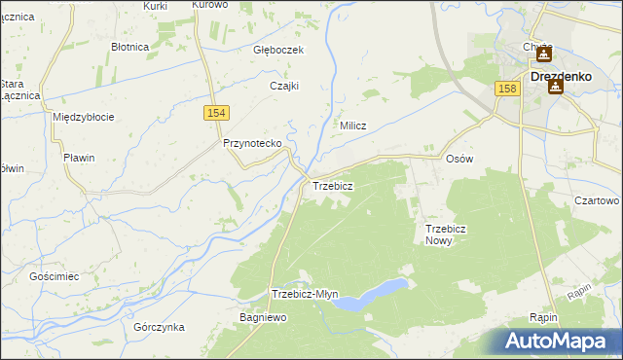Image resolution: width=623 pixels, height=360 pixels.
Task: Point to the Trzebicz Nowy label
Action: coord(447,234)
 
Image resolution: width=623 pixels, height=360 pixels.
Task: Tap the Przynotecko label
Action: coord(252,143)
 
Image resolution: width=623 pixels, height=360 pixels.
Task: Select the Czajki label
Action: coord(283,85)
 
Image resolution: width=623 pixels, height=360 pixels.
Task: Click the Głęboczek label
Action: coord(279,50)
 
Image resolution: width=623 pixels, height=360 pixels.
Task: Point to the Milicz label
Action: coord(352,126)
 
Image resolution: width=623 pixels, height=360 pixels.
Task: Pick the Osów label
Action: coord(458,159)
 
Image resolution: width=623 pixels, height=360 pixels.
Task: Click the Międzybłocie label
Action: coord(84,117)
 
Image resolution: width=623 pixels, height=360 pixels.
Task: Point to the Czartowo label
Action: coord(597,200)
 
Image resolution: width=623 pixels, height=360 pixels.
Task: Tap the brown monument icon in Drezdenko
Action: coord(556,87)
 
